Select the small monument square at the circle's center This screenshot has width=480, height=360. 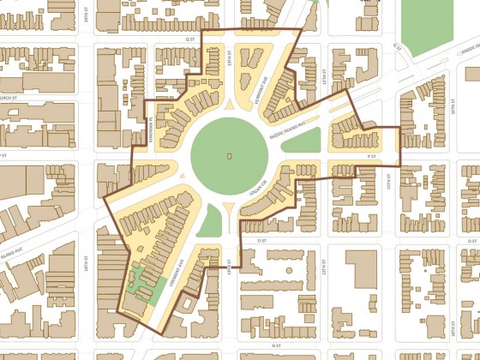pyautogui.click(x=229, y=156)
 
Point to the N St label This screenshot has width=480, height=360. pyautogui.click(x=275, y=345)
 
